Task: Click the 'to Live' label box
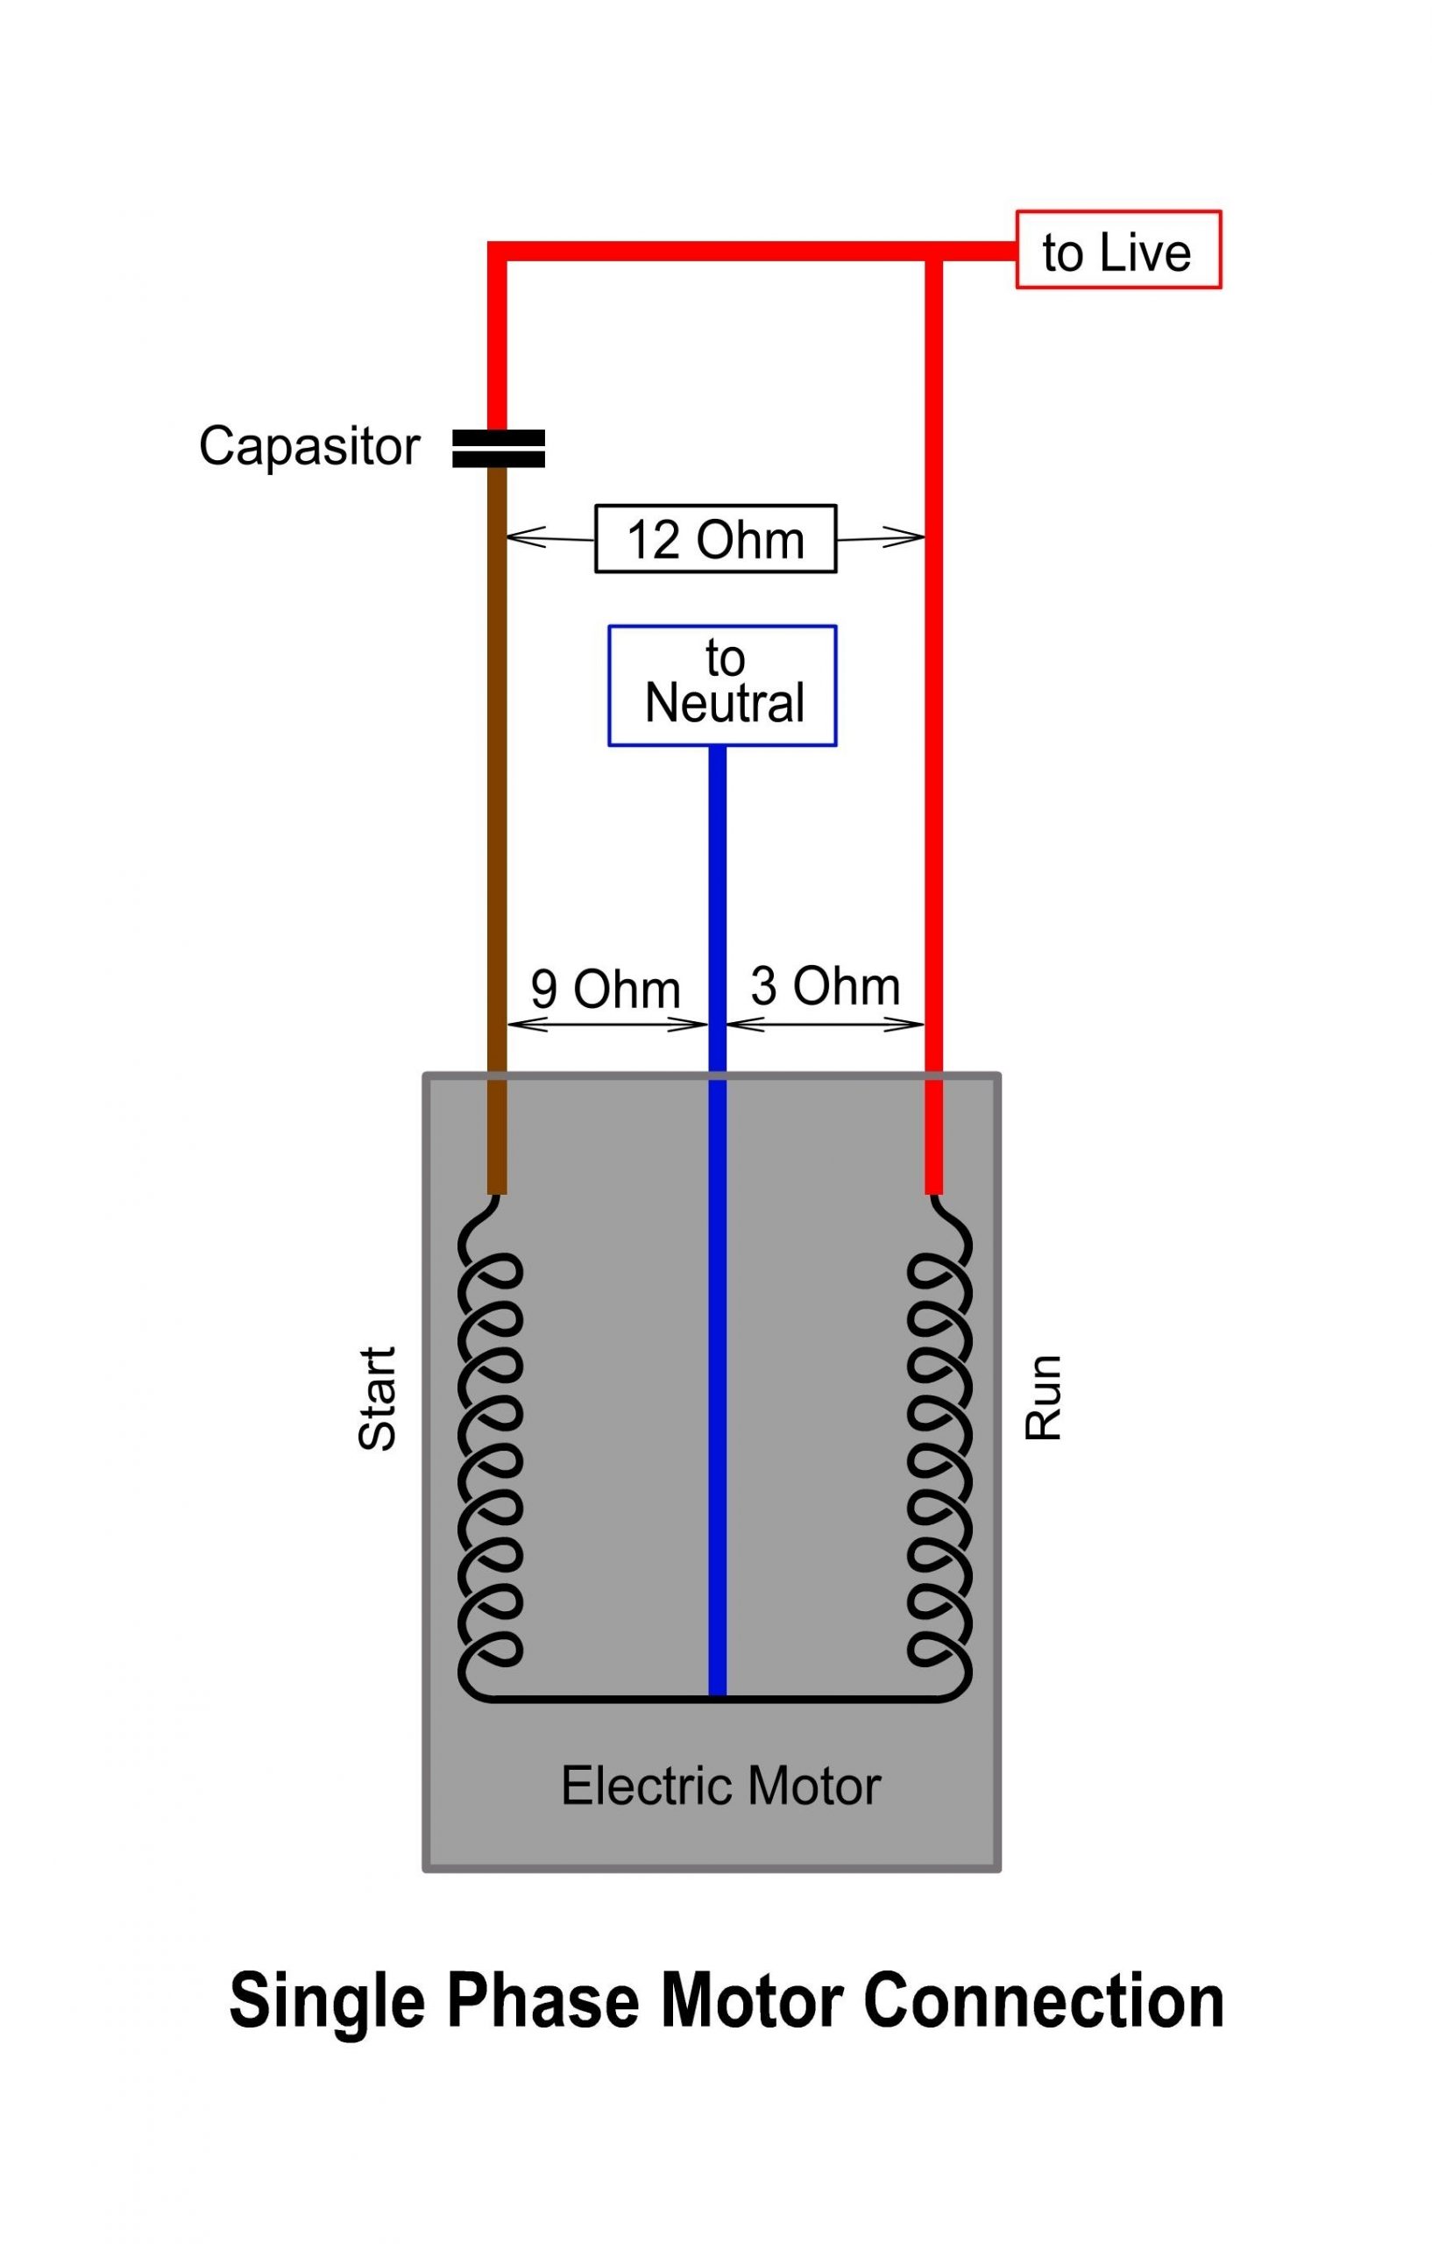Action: pyautogui.click(x=1117, y=250)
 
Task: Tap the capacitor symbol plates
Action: pyautogui.click(x=498, y=447)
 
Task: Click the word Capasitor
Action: pyautogui.click(x=309, y=446)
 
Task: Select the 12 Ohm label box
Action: pyautogui.click(x=715, y=538)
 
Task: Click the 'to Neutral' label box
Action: pyautogui.click(x=722, y=685)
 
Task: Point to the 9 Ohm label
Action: pyautogui.click(x=605, y=989)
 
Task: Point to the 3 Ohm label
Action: pyautogui.click(x=825, y=986)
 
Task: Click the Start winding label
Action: pyautogui.click(x=378, y=1398)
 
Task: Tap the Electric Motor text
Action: pyautogui.click(x=720, y=1786)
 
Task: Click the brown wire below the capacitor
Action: pyautogui.click(x=498, y=745)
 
